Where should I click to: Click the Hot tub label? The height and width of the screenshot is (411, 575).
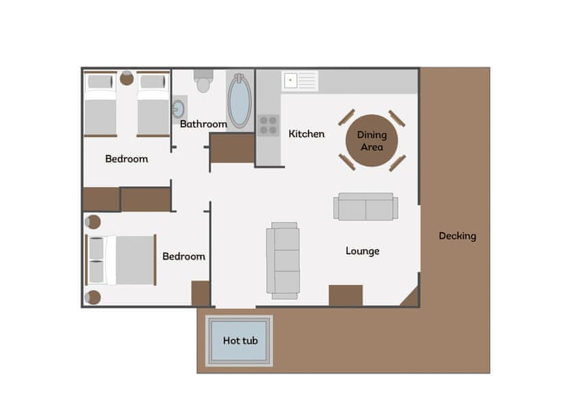coord(240,340)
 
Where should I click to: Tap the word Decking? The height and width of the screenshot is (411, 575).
coord(457,236)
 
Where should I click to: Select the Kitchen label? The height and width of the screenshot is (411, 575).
coord(306,134)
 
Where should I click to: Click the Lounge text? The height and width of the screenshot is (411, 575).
coord(362,251)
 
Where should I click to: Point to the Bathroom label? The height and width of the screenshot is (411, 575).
coord(203,124)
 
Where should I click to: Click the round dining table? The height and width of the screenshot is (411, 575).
coord(372,140)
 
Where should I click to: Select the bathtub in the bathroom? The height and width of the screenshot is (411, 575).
coord(240,101)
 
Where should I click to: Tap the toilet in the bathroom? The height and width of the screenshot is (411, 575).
coord(203,82)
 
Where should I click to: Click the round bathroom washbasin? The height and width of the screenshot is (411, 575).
coord(179,109)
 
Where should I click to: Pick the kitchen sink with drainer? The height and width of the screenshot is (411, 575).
coord(300,81)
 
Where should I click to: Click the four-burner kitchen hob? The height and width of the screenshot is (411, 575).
coord(268,125)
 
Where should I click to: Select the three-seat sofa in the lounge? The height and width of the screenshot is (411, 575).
coord(283,260)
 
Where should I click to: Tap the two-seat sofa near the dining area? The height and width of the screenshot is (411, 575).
coord(366,207)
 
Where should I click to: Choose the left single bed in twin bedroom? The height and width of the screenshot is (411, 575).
coord(100,104)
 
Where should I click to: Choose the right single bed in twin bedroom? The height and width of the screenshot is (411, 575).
coord(153,104)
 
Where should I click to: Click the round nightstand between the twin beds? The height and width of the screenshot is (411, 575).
coord(127,78)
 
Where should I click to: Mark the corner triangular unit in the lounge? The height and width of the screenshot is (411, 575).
coord(411,298)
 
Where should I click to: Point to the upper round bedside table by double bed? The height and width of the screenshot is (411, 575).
coord(92,222)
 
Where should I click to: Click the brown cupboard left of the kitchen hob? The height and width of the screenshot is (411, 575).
coord(232,148)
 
